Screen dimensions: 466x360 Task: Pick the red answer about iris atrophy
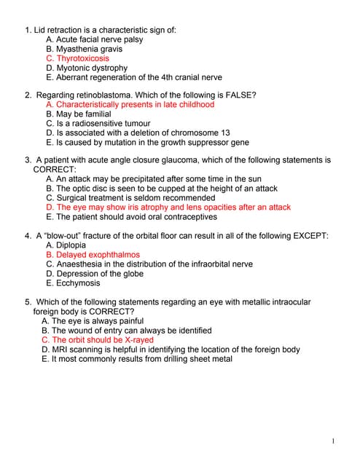(168, 207)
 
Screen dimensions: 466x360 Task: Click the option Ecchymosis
(73, 283)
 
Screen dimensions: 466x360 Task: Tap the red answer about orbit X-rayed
(98, 340)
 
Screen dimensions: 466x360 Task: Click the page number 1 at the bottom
(332, 441)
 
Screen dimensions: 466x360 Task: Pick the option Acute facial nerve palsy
(94, 39)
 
